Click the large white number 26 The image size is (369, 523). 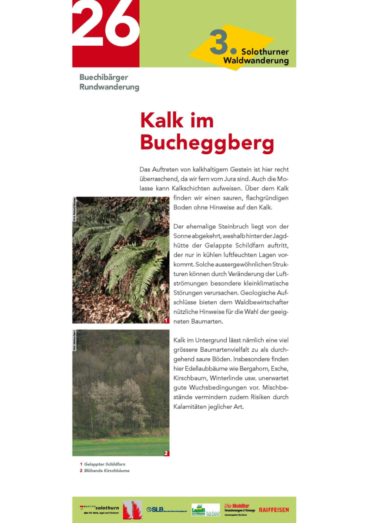[106, 24]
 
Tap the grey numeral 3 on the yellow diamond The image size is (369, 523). [220, 43]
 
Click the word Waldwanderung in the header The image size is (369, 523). [256, 61]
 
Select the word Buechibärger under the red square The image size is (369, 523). [104, 78]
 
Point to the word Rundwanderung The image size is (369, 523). [109, 87]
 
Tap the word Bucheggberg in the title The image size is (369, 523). [207, 142]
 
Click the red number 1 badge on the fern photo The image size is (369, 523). [166, 320]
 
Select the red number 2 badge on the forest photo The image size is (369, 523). [166, 453]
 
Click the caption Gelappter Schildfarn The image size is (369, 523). [104, 465]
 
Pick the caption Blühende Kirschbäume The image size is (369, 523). [107, 471]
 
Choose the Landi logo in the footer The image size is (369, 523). [198, 509]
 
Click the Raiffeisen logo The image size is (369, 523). [274, 509]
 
